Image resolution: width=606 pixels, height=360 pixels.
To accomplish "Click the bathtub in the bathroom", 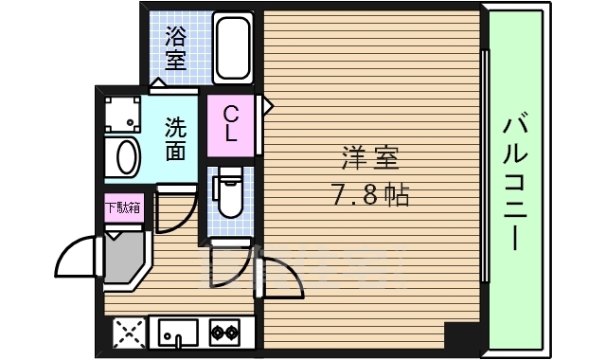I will pos(232,46).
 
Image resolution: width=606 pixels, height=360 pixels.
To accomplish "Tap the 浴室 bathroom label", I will pos(175,48).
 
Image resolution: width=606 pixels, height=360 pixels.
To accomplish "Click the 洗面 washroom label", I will pos(175,137).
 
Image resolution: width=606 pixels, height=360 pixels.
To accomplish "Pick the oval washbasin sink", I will pos(122,156).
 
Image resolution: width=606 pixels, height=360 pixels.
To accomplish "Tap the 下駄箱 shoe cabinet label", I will pos(123,207).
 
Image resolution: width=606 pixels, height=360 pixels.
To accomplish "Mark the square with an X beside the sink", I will pos(127,332).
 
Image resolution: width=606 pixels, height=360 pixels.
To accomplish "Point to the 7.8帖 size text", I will pos(369,196).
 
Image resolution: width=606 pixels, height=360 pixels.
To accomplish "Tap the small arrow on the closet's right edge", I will pos(268,103).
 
